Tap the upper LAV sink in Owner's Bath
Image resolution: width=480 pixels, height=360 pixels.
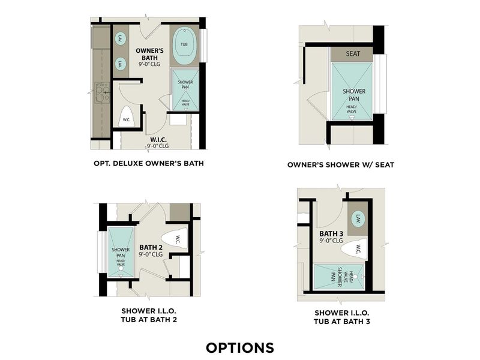pos(120,38)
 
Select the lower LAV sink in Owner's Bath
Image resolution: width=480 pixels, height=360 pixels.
pos(120,63)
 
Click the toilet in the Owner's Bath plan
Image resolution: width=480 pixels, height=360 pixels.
pos(127,116)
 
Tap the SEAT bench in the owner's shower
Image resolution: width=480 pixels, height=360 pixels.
pos(353,53)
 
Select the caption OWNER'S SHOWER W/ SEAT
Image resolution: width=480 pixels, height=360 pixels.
pos(341,164)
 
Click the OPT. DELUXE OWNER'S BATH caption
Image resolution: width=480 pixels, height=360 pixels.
pos(149,163)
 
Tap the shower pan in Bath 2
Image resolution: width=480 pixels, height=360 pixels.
pos(121,252)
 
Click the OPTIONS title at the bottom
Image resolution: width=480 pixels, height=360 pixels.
pos(239,347)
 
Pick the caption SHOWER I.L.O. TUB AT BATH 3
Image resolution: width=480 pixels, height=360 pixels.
pos(342,317)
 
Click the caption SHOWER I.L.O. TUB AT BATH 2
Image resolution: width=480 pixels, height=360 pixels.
pos(149,315)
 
